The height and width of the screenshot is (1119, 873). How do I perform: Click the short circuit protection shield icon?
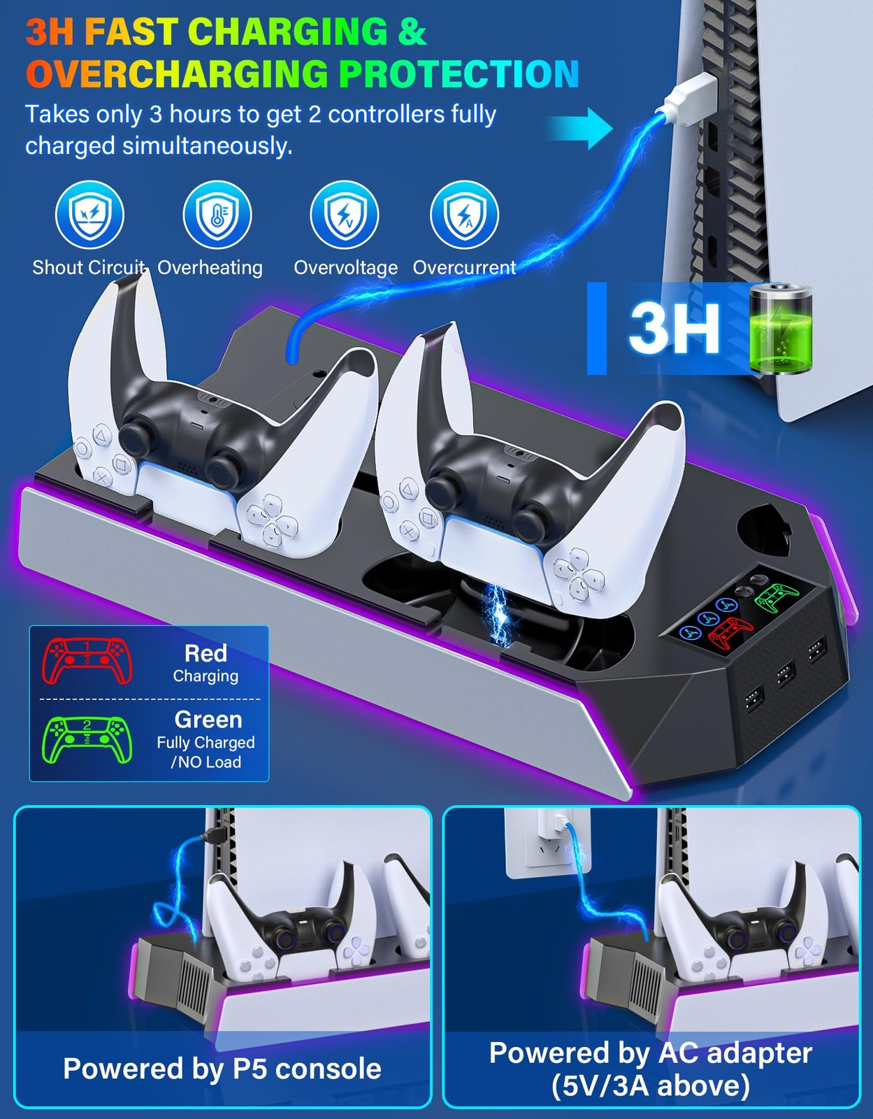coord(89,215)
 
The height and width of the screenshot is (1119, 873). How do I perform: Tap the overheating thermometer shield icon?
coord(217,215)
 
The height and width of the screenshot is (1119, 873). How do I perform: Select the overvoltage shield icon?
coord(344,215)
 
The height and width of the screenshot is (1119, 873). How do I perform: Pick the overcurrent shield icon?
coord(465,215)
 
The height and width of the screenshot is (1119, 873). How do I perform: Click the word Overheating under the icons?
coord(210,268)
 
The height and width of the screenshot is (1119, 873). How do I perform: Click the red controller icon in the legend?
coord(87,662)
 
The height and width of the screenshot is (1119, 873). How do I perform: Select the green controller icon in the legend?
coord(87,740)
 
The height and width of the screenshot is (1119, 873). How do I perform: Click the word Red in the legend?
coord(205,653)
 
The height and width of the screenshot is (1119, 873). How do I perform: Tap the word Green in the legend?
coord(208,720)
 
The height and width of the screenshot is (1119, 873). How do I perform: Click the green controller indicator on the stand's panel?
coord(777,597)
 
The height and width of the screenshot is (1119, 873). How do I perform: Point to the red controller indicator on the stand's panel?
coord(731,632)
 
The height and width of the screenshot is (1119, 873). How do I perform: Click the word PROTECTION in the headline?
coord(459,73)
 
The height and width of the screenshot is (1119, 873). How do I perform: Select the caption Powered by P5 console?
coord(222,1069)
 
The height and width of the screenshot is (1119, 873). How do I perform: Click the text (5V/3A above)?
coord(651,1086)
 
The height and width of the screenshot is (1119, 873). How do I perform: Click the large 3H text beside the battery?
coord(674,328)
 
